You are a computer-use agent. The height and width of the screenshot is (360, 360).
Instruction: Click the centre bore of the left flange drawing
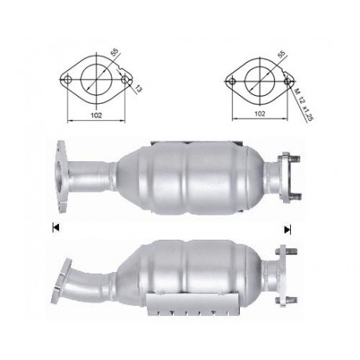pos(94,79)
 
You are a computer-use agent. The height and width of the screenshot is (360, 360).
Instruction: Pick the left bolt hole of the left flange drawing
pos(67,79)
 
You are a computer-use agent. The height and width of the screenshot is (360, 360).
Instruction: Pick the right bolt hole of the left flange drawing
pos(122,79)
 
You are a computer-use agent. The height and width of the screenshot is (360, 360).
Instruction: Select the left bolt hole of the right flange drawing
pos(231,79)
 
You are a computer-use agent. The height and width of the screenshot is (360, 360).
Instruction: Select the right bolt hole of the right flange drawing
pos(285,79)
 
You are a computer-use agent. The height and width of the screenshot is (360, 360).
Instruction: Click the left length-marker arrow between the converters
pos(55,228)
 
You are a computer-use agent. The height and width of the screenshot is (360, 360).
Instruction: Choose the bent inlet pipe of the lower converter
pos(94,275)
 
